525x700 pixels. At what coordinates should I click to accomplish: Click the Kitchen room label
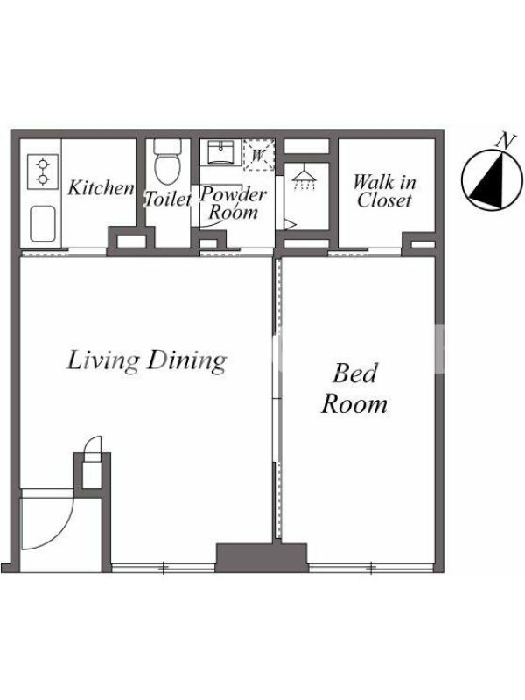click(x=101, y=188)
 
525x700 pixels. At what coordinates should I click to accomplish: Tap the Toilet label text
click(x=168, y=199)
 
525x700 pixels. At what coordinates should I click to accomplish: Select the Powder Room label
click(x=233, y=203)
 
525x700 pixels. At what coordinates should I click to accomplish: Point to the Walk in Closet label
click(x=384, y=191)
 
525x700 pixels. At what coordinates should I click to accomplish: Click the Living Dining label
click(x=146, y=361)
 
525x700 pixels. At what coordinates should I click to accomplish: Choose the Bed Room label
click(x=354, y=388)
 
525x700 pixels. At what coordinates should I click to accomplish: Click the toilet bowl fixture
click(x=167, y=161)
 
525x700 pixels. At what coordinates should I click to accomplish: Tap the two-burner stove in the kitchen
click(x=43, y=171)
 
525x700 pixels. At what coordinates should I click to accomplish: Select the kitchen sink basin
click(x=43, y=223)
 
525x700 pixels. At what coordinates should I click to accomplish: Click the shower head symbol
click(x=304, y=178)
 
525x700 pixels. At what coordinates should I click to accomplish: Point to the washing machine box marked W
click(x=258, y=155)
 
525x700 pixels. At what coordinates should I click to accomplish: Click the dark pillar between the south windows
click(x=262, y=557)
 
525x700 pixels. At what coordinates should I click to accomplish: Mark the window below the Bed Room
click(x=371, y=568)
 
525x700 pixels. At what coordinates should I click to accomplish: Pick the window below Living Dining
click(x=164, y=568)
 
